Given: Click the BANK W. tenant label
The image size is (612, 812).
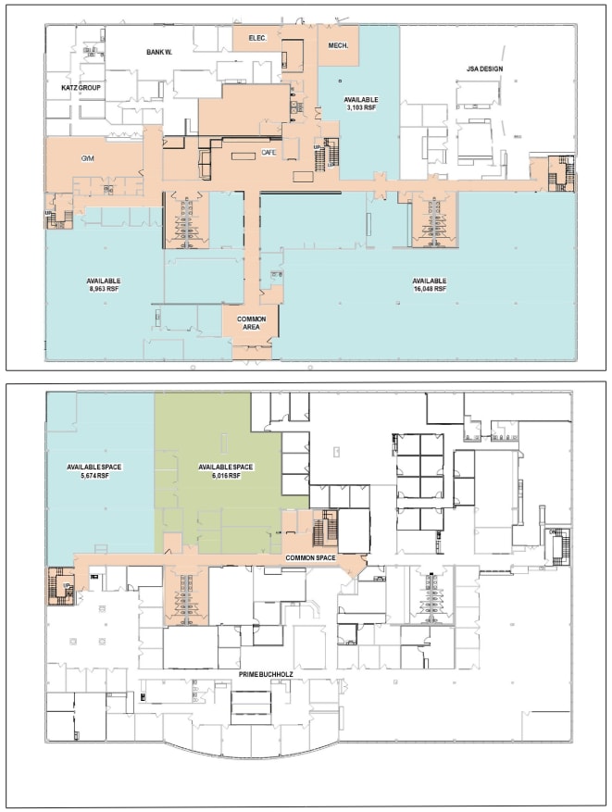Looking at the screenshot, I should (159, 52).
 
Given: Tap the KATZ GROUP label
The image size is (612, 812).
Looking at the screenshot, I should (81, 87).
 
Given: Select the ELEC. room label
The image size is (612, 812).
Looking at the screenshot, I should (256, 37).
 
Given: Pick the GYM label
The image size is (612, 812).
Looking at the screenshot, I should (88, 158).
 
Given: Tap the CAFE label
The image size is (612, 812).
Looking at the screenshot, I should (269, 152).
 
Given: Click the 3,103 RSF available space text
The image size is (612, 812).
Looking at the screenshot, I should (359, 108).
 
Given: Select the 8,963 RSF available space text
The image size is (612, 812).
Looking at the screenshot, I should (104, 289).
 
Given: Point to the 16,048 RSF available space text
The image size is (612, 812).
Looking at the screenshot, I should (430, 289).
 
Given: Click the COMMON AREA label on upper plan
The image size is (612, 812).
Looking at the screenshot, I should (251, 323).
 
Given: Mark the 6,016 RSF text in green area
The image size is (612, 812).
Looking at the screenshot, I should (219, 475).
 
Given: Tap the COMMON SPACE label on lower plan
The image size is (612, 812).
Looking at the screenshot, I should (310, 557).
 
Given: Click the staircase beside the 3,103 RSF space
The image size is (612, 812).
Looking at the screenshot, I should (327, 156).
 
